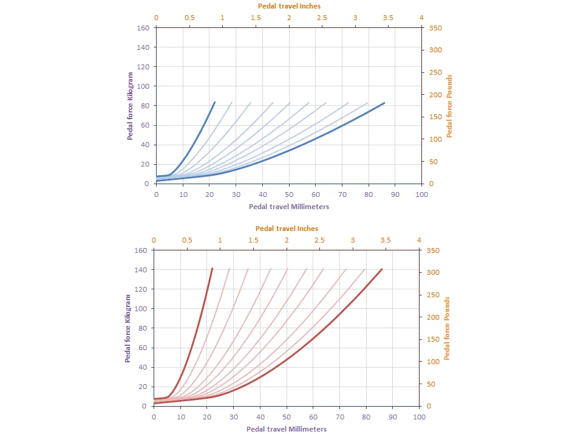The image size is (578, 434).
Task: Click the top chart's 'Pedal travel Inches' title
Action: point(289,5)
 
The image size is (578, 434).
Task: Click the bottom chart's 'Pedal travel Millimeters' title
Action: point(287,429)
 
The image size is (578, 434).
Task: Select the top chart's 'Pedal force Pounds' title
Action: point(450,106)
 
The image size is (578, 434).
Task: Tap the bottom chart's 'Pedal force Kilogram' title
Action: point(128,328)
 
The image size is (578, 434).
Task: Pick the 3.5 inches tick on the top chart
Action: point(389,18)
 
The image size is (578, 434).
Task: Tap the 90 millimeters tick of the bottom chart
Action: point(393,417)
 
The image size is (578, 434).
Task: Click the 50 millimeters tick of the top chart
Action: point(289,195)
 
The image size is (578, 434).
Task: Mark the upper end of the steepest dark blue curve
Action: point(215,102)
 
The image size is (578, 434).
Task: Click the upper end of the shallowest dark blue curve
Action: point(385,103)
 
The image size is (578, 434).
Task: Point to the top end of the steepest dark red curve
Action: point(212,268)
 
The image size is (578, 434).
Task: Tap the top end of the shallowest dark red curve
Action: point(382,269)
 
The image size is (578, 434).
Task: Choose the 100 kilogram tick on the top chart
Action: point(144,86)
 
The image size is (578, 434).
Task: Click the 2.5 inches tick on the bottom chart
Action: point(320,240)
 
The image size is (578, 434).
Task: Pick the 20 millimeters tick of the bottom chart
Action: point(207,417)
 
